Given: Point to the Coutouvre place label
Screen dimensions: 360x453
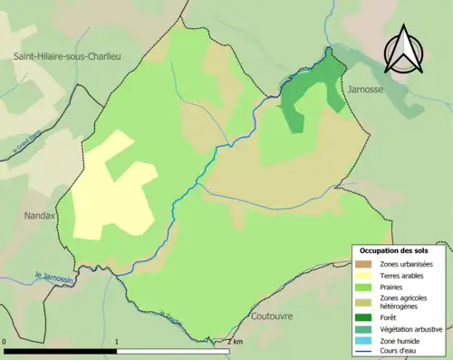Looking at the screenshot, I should pyautogui.click(x=274, y=317).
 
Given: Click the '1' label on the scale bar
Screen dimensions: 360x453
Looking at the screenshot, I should pyautogui.click(x=118, y=341).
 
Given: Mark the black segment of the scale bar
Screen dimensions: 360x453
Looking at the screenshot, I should pyautogui.click(x=61, y=350).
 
